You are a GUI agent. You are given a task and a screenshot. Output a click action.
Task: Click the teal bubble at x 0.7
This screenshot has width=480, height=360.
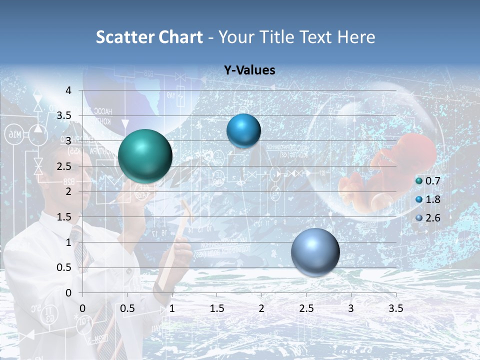coord(145,156)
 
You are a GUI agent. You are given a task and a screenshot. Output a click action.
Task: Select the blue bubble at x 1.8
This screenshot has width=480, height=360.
coord(243,131)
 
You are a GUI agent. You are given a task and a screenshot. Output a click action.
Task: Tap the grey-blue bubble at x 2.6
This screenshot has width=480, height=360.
coord(315,252)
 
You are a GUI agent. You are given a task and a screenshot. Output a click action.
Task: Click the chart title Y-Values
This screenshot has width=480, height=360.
coord(249,70)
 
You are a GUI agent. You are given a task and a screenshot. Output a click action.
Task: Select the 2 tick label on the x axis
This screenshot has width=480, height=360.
coord(261,308)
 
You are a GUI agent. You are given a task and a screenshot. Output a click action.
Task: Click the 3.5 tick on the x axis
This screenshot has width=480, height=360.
coord(395,308)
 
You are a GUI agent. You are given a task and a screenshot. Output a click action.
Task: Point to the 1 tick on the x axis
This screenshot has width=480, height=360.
coord(172,308)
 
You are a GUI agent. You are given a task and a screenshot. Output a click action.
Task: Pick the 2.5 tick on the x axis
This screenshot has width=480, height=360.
coord(306,308)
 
